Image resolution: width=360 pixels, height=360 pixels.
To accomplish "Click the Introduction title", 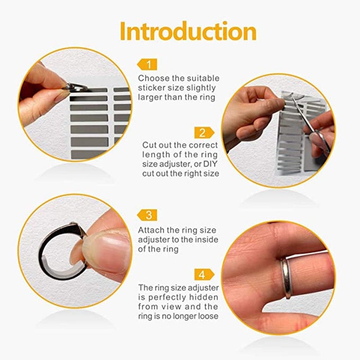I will [188, 31].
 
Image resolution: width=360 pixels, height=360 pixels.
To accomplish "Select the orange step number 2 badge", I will [204, 132].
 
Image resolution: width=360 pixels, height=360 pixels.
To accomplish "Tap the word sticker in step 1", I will [151, 88].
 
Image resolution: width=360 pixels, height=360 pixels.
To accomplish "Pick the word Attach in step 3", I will [150, 230].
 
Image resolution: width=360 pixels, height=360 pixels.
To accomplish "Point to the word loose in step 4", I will [208, 316].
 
